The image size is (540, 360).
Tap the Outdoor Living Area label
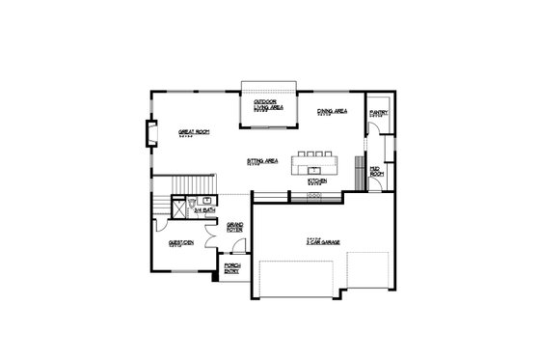click(267, 104)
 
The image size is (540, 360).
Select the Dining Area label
click(333, 112)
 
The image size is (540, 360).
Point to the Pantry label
click(378, 113)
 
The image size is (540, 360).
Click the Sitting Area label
click(262, 160)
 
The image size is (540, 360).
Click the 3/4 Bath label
click(203, 209)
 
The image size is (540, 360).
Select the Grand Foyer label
click(234, 228)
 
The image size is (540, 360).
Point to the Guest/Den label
click(181, 243)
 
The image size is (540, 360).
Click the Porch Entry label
click(232, 268)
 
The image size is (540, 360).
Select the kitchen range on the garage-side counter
click(313, 196)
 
